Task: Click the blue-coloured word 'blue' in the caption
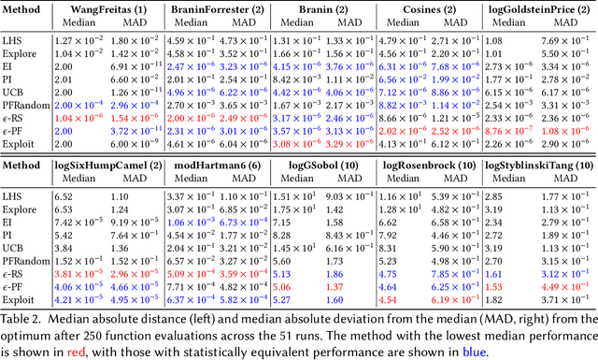(428, 349)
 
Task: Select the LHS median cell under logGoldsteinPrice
(497, 41)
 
